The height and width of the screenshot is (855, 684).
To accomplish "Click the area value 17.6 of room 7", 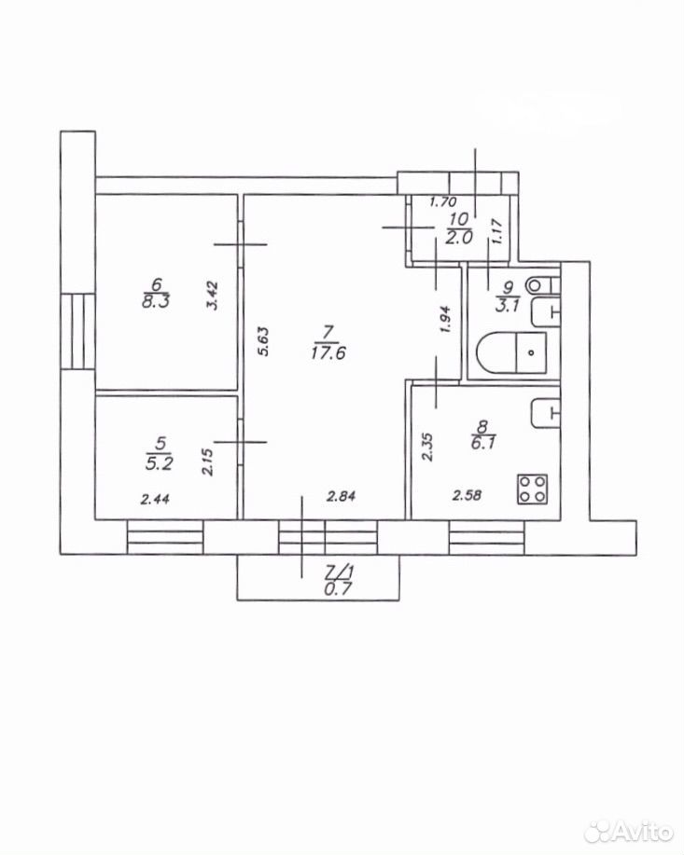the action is pyautogui.click(x=328, y=353).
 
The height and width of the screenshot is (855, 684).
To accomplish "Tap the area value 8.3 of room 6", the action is pyautogui.click(x=156, y=301).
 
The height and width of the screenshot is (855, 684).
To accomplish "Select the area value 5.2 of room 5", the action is pyautogui.click(x=160, y=463).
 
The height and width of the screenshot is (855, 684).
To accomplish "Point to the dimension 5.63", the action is pyautogui.click(x=264, y=341).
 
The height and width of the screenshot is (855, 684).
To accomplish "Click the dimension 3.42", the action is pyautogui.click(x=213, y=295).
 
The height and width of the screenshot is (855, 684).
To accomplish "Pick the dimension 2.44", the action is pyautogui.click(x=156, y=499).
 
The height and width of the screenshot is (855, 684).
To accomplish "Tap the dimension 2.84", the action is pyautogui.click(x=342, y=496).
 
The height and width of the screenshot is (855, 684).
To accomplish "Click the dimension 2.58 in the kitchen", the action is pyautogui.click(x=467, y=496).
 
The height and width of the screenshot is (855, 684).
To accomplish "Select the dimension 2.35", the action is pyautogui.click(x=427, y=448).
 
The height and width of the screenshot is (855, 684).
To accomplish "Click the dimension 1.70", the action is pyautogui.click(x=442, y=201).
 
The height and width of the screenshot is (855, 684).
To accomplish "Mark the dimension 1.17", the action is pyautogui.click(x=497, y=231).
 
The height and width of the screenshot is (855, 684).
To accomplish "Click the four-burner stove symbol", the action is pyautogui.click(x=532, y=490).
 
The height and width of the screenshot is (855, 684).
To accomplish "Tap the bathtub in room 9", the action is pyautogui.click(x=511, y=352).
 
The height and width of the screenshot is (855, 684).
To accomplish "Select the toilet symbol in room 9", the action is pyautogui.click(x=542, y=285).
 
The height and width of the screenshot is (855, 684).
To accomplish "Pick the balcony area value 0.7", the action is pyautogui.click(x=339, y=588).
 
